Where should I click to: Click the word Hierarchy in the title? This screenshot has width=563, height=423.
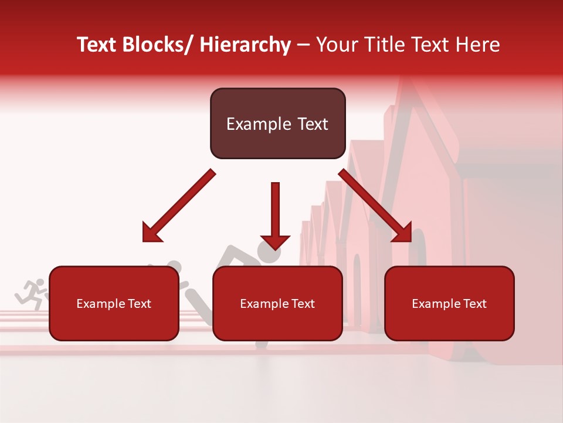point(245,45)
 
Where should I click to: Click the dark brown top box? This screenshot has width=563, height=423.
point(277,123)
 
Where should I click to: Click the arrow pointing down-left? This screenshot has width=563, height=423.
point(179,206)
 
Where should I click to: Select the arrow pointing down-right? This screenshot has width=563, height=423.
point(375,206)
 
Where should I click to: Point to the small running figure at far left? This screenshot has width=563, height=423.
point(32,293)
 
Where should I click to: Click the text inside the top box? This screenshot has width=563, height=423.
point(277,124)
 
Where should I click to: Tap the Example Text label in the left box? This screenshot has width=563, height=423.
point(114,304)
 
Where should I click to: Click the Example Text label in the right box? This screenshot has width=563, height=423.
point(449,304)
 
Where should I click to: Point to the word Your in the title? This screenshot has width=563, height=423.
point(337,45)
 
